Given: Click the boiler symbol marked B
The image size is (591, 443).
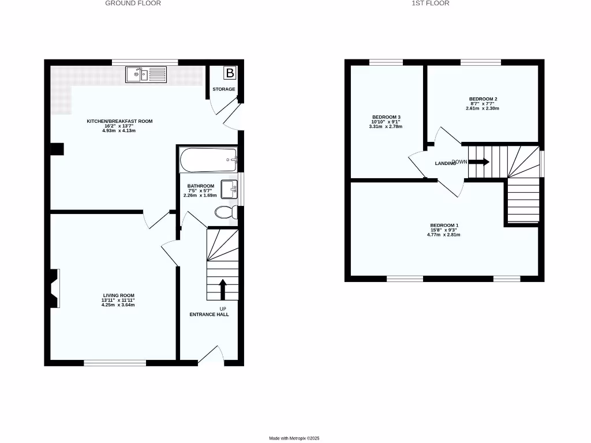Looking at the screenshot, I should coord(230,73).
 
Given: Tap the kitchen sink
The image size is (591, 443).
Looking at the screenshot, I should coord(145,74).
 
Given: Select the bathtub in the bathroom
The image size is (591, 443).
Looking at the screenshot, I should coord(208,160).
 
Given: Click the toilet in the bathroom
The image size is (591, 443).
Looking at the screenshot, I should coord(225,212).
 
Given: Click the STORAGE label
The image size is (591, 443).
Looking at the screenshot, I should coord(224,89).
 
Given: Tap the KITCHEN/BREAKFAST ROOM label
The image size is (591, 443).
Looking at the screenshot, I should coord(119,121).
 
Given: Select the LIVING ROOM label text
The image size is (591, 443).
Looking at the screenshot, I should coord(118,295).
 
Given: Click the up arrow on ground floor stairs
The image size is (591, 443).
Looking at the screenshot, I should coord(223,288).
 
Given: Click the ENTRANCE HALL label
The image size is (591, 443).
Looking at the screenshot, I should coord(210,315).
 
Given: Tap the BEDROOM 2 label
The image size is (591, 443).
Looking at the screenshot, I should coord(483,99).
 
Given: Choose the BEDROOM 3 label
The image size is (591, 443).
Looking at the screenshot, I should coord(386,117).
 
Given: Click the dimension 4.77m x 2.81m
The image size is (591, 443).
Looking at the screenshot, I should coord(444,235).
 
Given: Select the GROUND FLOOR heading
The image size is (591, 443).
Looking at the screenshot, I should coord(133,3).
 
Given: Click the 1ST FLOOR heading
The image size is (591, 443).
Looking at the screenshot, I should coord(431,3).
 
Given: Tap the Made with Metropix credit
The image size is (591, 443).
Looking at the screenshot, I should coord(295,439).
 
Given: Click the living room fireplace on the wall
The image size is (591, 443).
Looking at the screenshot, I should coord(54,288).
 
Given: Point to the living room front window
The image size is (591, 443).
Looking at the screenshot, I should coord(114,363).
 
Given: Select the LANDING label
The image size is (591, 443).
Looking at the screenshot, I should coord(445,164).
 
